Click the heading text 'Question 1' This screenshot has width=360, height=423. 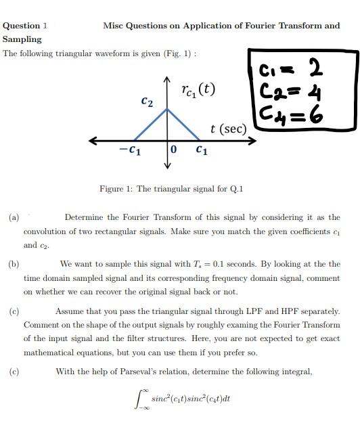click(25, 26)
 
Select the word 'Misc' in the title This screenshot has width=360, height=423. click(114, 26)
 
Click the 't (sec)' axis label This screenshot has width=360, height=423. click(227, 128)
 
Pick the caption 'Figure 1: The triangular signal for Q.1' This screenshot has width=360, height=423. click(171, 188)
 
